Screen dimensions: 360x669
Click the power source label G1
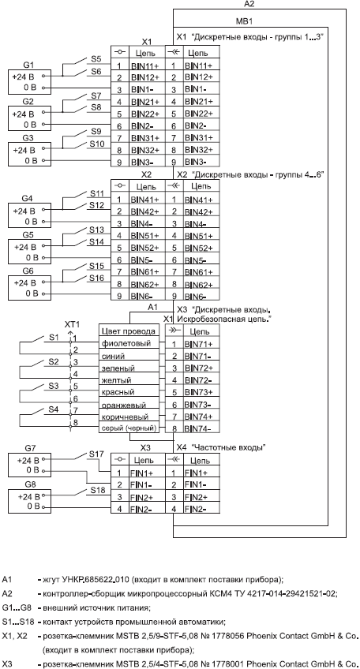(x=28, y=65)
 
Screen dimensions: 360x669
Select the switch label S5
(x=96, y=59)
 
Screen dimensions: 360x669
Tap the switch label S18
(x=98, y=490)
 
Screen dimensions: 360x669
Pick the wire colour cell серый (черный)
(x=129, y=428)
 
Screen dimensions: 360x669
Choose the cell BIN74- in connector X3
(x=198, y=428)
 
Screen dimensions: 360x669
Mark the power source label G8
(x=30, y=484)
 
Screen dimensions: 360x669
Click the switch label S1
(x=53, y=338)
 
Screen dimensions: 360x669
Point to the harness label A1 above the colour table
(x=153, y=307)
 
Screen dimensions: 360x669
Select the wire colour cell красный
(x=118, y=392)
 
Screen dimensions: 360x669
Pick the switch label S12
(x=97, y=205)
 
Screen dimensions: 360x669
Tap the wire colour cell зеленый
(x=118, y=368)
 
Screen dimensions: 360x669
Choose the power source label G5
(x=28, y=234)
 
